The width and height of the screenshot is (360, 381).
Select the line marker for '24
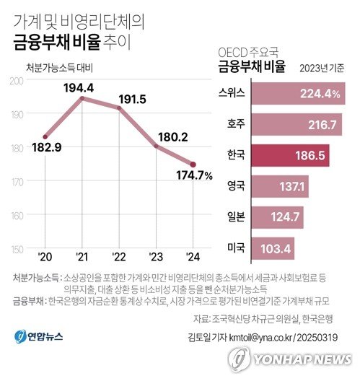192,164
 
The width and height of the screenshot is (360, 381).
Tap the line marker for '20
45,136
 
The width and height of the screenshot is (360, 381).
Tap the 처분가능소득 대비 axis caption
60,68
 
